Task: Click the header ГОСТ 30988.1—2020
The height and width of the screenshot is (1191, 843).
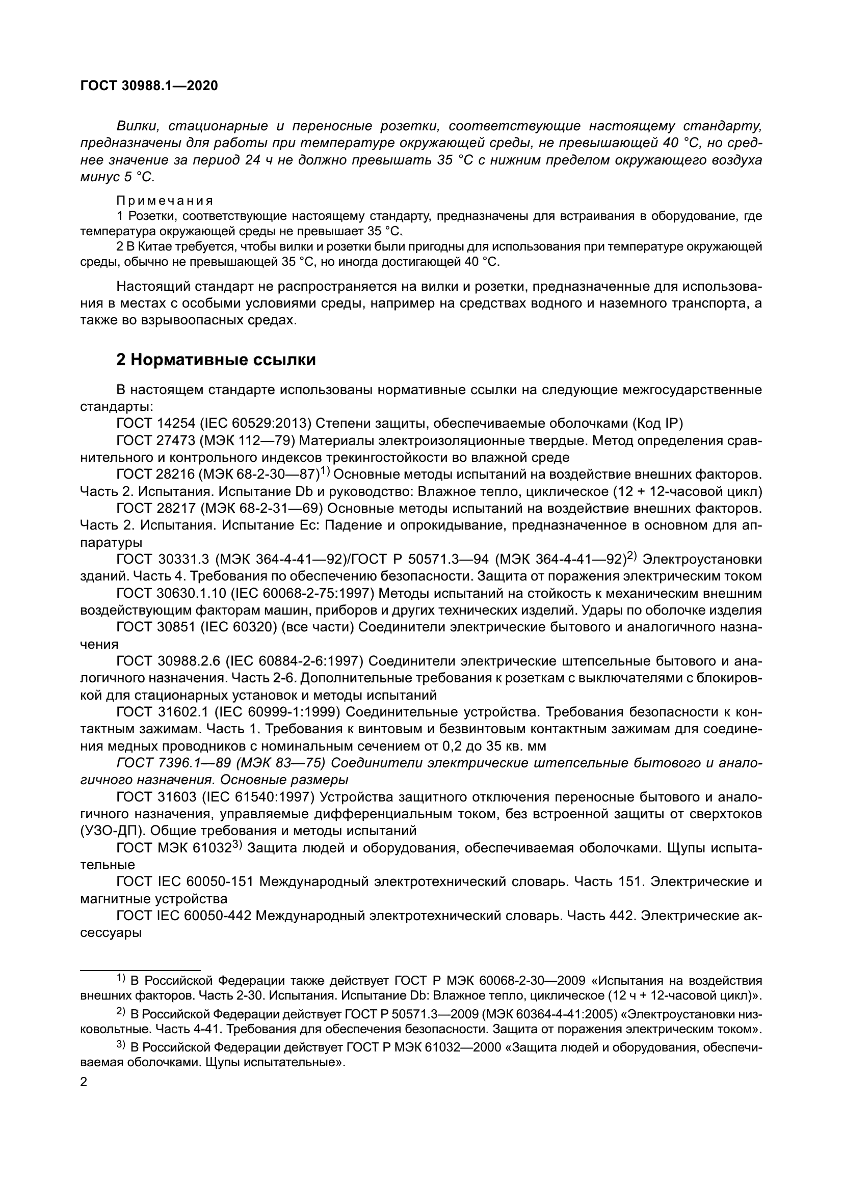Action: click(149, 86)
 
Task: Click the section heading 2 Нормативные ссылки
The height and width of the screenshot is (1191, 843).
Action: click(216, 359)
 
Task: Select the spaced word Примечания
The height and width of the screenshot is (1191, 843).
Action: click(165, 201)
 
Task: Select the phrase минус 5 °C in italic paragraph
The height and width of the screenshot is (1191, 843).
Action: click(118, 177)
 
